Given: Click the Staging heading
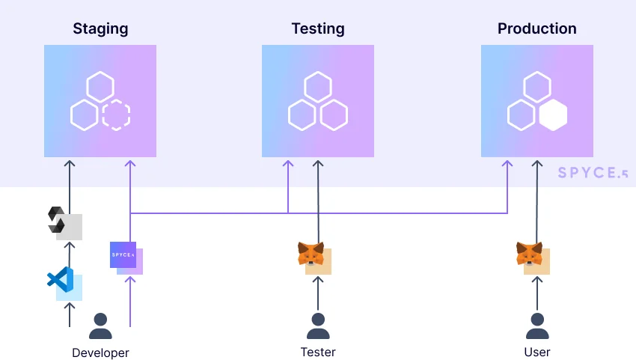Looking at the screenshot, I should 100,29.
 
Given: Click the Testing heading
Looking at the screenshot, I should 318,29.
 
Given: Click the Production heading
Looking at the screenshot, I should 536,29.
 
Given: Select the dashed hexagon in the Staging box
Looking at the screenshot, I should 116,115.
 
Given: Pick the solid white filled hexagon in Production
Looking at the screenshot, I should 553,115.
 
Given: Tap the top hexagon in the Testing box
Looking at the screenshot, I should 318,86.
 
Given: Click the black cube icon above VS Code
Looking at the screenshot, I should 58,219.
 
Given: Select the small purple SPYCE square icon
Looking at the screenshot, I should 123,254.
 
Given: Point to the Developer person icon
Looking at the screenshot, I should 100,326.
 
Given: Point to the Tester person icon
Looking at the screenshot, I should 318,326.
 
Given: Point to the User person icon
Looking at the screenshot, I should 537,326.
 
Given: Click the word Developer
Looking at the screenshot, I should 100,353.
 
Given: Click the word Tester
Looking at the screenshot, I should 318,352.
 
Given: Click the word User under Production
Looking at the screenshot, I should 537,352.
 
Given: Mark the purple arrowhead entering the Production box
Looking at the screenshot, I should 508,162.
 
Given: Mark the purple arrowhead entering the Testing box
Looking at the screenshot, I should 288,162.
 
